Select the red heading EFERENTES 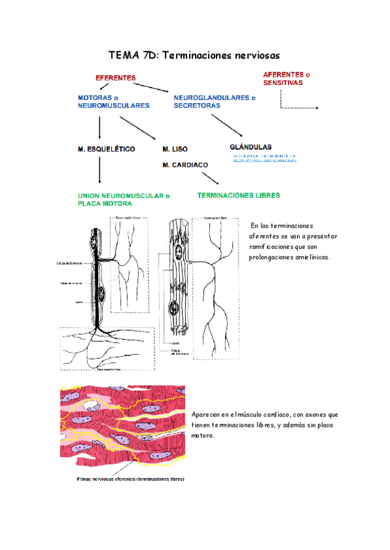[x=116, y=77]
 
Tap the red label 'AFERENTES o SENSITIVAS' [x=292, y=78]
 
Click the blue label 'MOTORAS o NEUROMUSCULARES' [x=114, y=101]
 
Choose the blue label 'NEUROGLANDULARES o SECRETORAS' [x=214, y=101]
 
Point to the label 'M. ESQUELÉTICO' [x=106, y=149]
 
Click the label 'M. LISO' [x=175, y=149]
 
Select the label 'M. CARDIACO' [x=186, y=165]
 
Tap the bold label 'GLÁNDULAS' [x=251, y=147]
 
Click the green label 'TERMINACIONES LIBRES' [x=239, y=194]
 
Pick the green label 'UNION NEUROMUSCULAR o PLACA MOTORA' [x=123, y=198]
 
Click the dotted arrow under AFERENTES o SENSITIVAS [x=299, y=104]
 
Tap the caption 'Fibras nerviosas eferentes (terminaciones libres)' [x=127, y=480]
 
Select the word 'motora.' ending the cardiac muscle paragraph [x=203, y=436]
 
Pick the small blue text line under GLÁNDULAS [x=264, y=158]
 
